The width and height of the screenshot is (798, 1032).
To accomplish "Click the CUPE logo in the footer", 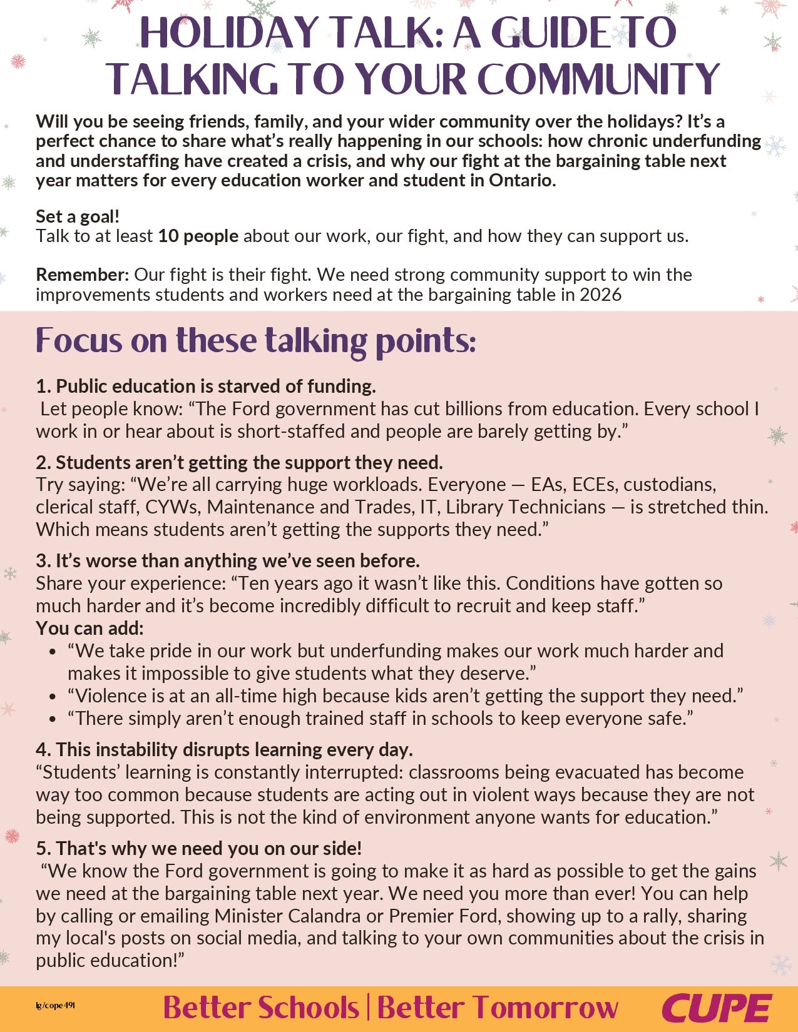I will [717, 1008].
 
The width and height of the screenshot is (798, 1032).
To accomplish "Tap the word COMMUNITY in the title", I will [598, 79].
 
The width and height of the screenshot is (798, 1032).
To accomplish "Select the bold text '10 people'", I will [198, 236].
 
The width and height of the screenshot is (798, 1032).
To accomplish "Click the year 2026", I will [600, 295].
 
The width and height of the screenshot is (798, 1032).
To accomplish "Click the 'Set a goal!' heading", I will [78, 216].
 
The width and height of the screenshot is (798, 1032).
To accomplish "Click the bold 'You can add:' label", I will [90, 628].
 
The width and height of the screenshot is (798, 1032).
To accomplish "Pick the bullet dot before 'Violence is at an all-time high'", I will [53, 696].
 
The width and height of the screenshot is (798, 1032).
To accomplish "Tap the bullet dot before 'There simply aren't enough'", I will [53, 719].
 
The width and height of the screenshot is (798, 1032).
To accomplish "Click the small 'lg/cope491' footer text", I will [56, 1006].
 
